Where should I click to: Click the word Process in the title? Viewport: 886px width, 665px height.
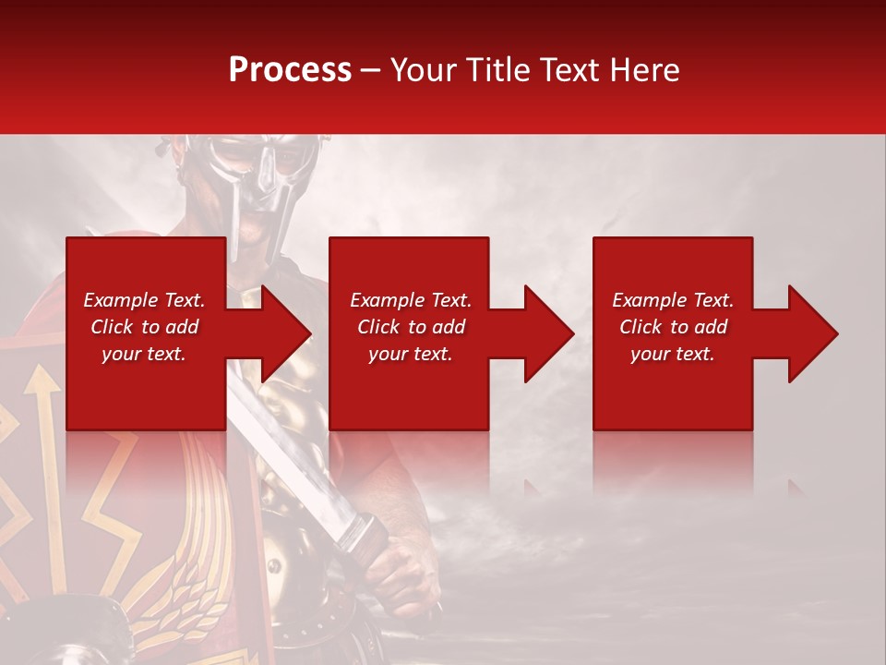pos(290,70)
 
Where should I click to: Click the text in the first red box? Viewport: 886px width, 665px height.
pos(145,327)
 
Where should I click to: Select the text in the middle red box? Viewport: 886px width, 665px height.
pos(410,327)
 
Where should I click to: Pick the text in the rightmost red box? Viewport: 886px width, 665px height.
pos(673,327)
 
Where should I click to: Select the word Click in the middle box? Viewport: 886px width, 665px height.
pos(377,327)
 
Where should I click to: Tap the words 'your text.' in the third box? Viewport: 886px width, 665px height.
pos(673,354)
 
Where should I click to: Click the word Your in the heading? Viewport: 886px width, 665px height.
pos(424,70)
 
